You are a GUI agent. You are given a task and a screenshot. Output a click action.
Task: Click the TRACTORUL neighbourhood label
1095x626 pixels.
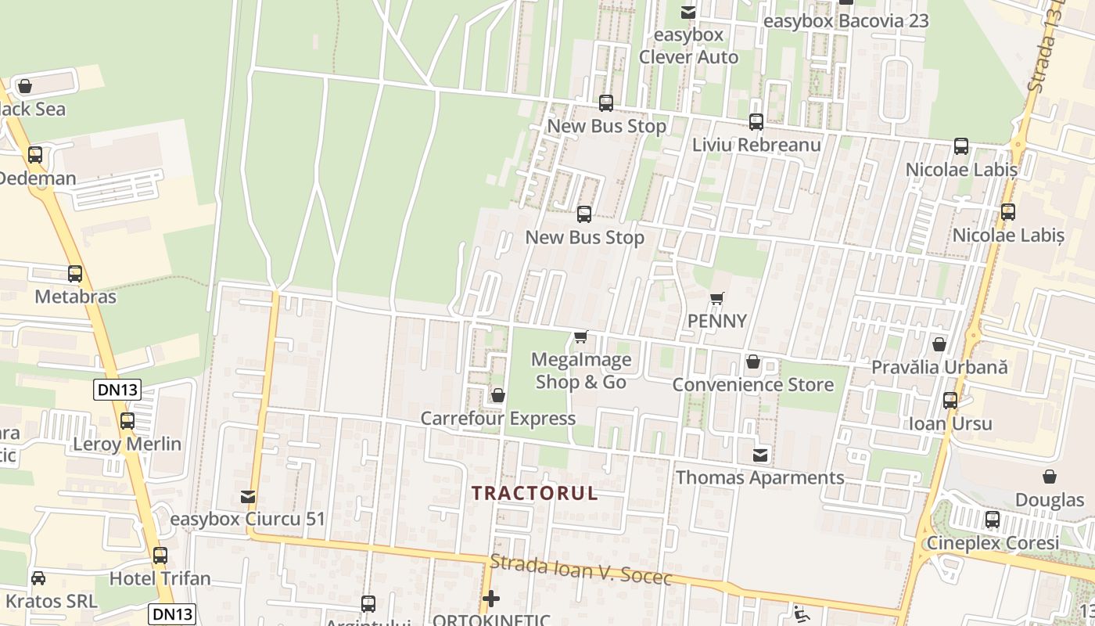tap(535, 493)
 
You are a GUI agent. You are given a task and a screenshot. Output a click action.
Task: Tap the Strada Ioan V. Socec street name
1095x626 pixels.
tap(581, 570)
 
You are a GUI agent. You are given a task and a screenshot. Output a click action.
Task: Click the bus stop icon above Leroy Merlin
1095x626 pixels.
tap(127, 421)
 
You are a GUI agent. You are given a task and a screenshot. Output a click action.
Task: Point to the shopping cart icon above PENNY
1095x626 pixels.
tap(716, 298)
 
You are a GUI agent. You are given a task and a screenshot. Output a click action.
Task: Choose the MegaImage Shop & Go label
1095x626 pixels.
tap(580, 371)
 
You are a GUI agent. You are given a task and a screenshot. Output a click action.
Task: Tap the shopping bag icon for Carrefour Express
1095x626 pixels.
tap(497, 396)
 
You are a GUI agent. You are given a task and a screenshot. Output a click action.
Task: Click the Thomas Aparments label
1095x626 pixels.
tap(759, 477)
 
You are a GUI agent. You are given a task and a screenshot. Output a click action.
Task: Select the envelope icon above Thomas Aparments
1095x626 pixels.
tap(759, 455)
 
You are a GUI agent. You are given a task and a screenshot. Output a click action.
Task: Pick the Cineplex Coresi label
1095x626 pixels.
tap(993, 543)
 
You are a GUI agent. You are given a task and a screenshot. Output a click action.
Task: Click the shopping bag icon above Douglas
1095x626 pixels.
tap(1050, 477)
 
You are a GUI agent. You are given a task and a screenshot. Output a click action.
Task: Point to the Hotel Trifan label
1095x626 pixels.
tap(160, 579)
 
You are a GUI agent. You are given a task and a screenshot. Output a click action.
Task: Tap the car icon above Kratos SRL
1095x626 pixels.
tap(38, 578)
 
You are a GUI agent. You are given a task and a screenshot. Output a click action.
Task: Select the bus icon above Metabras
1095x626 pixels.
tap(75, 274)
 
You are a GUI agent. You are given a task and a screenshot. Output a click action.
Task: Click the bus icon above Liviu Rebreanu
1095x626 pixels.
tap(756, 122)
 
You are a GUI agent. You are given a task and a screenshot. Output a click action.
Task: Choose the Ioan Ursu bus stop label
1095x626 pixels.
tap(950, 424)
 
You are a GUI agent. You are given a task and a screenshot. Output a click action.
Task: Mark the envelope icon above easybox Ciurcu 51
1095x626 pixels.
tap(248, 496)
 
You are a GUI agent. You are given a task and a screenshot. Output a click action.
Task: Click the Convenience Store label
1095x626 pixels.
tap(752, 385)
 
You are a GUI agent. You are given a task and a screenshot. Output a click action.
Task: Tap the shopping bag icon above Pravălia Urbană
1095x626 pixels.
tap(939, 344)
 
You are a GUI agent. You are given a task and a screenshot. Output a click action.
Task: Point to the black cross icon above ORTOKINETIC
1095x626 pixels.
tap(490, 599)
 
